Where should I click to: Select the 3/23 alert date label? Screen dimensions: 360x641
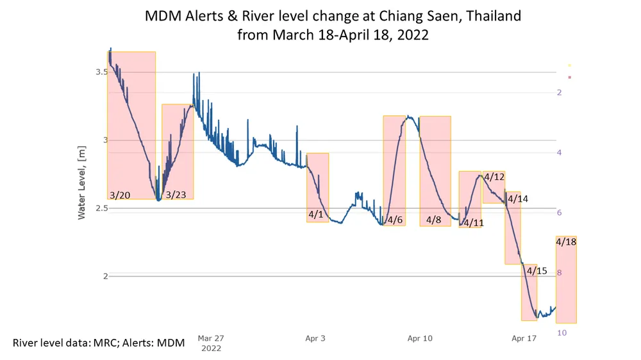coord(176,195)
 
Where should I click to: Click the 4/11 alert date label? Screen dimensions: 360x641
coord(473,223)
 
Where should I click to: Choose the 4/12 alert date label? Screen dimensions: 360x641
coord(494,177)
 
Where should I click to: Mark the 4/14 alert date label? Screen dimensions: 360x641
coord(518,199)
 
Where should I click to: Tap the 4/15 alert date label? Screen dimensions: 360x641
coord(537,271)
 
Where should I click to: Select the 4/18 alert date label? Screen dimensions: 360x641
coord(566,241)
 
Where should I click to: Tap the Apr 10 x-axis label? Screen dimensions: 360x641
coord(420,338)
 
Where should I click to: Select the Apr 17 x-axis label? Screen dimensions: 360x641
coord(524,338)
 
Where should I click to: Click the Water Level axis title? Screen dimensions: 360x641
coord(81,182)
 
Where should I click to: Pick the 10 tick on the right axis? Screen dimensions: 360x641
coord(560,333)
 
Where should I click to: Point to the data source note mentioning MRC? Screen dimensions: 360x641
coord(99,343)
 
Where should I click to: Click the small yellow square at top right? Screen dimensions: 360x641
coord(569,65)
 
